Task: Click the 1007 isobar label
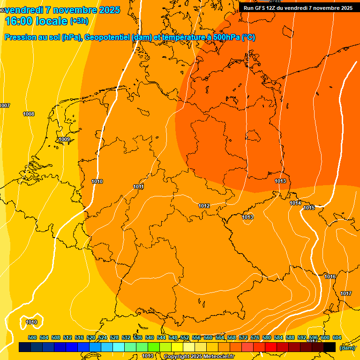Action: pyautogui.click(x=5, y=105)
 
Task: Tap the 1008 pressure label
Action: pyautogui.click(x=29, y=114)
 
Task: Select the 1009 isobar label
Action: pyautogui.click(x=64, y=139)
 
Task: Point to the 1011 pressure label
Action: pyautogui.click(x=138, y=187)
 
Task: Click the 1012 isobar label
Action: pyautogui.click(x=204, y=206)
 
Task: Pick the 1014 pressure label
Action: pyautogui.click(x=295, y=203)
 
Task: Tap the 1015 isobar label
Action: pyautogui.click(x=309, y=208)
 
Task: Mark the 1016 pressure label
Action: pyautogui.click(x=330, y=277)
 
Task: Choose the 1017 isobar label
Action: pyautogui.click(x=346, y=293)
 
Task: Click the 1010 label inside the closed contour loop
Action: pyautogui.click(x=31, y=322)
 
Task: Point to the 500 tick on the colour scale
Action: pyautogui.click(x=32, y=337)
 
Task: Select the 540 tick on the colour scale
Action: pyautogui.click(x=150, y=337)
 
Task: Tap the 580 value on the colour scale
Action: pyautogui.click(x=267, y=337)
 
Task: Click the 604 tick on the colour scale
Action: pyautogui.click(x=337, y=337)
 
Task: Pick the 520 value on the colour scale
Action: pyautogui.click(x=91, y=337)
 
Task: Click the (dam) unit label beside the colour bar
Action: pyautogui.click(x=347, y=347)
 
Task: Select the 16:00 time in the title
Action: pyautogui.click(x=19, y=21)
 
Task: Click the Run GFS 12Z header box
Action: pyautogui.click(x=298, y=7)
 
